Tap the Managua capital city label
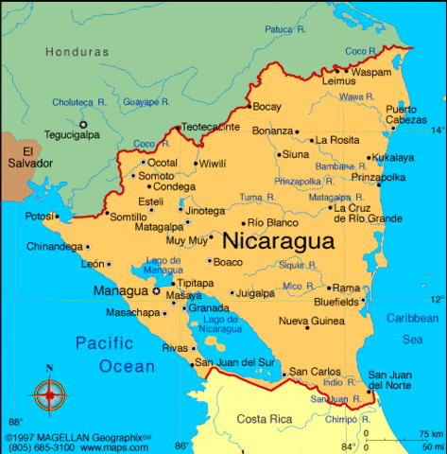[120, 290]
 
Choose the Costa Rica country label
[264, 419]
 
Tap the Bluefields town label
[336, 302]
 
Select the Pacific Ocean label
[115, 354]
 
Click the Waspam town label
[371, 71]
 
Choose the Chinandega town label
[54, 247]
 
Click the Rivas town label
[176, 348]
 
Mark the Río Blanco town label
[273, 223]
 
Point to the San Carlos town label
[312, 372]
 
